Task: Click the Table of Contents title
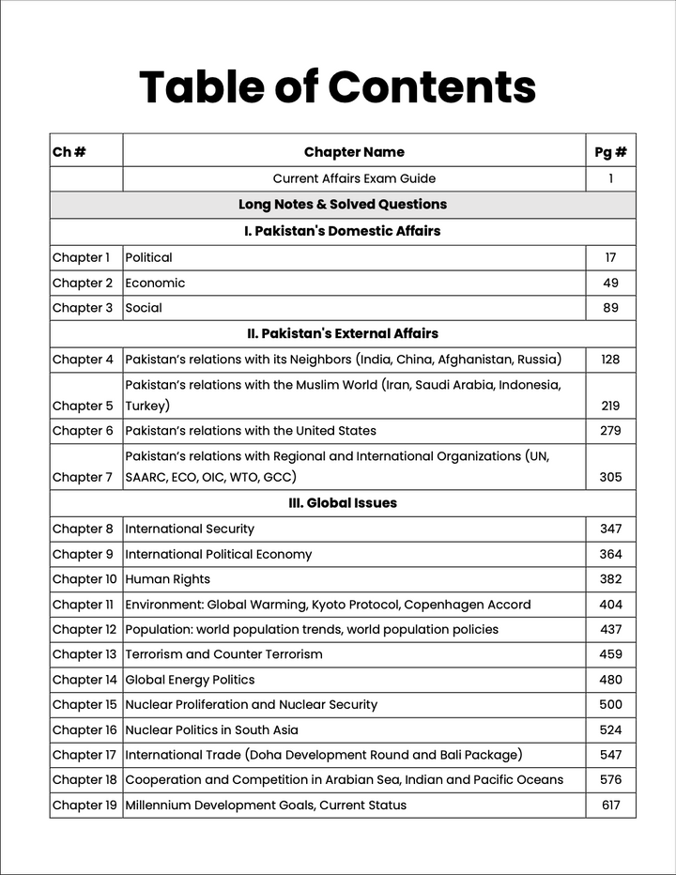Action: point(337,87)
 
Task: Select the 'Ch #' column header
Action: point(69,152)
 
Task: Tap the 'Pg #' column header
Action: point(610,152)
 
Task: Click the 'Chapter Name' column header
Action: point(354,152)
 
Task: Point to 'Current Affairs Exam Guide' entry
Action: point(354,178)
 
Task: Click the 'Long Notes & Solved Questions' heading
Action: point(343,205)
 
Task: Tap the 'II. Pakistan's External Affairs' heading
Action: point(343,333)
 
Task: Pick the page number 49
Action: point(610,283)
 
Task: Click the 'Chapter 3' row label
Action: point(83,308)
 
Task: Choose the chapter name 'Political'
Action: point(148,257)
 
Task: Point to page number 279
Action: point(610,431)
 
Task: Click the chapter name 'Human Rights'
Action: point(167,579)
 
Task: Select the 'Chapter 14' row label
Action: point(84,680)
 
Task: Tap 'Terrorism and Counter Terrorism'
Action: point(223,654)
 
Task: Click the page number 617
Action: point(610,805)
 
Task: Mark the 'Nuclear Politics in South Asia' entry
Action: point(211,729)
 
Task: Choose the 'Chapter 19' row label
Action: point(84,805)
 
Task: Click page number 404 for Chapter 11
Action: point(610,605)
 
